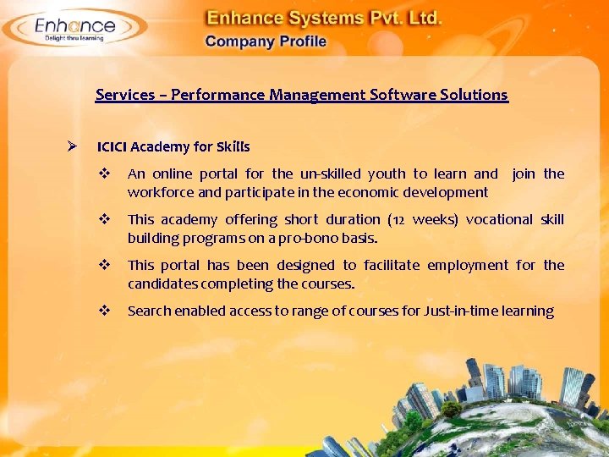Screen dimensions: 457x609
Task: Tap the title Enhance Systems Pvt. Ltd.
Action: coord(325,18)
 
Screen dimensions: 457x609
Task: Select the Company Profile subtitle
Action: coord(266,41)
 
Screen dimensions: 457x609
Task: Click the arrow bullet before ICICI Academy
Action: coord(74,146)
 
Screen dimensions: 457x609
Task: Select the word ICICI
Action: coord(112,146)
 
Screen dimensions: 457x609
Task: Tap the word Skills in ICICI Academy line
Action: coord(233,146)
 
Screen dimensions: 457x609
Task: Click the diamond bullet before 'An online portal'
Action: coord(104,173)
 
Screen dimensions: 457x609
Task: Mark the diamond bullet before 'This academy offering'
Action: coord(104,219)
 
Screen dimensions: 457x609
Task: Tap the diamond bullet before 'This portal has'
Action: coord(104,265)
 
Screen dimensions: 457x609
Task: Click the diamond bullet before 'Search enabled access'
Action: coord(104,311)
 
